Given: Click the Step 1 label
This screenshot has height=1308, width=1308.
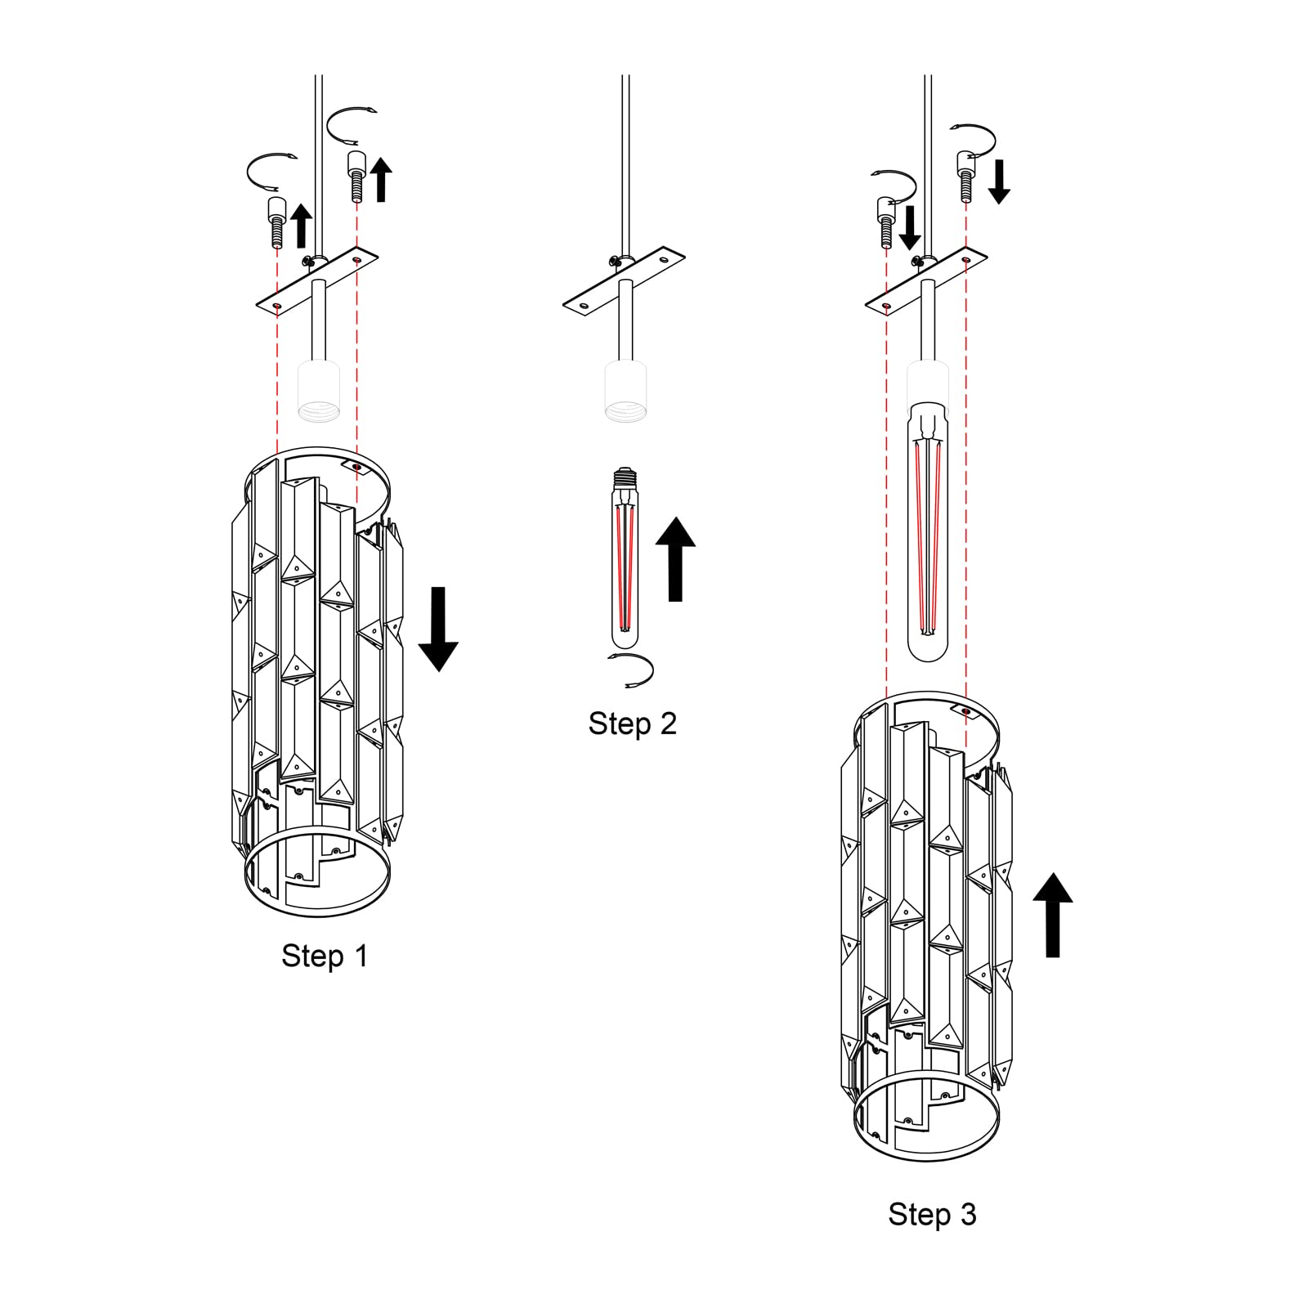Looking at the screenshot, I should click(325, 956).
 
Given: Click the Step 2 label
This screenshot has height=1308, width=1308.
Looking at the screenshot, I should click(632, 723).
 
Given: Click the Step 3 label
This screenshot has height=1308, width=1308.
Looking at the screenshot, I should click(932, 1214).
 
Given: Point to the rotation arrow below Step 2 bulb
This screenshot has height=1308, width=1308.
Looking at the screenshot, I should click(631, 670).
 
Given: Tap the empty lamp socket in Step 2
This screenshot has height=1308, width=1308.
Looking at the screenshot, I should click(626, 392).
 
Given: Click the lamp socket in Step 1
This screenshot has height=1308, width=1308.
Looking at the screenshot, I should click(319, 392).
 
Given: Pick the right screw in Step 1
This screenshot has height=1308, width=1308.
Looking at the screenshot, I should click(356, 175).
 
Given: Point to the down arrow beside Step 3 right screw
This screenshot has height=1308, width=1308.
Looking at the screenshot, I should click(998, 181).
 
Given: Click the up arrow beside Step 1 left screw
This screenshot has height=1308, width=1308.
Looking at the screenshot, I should click(301, 226).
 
